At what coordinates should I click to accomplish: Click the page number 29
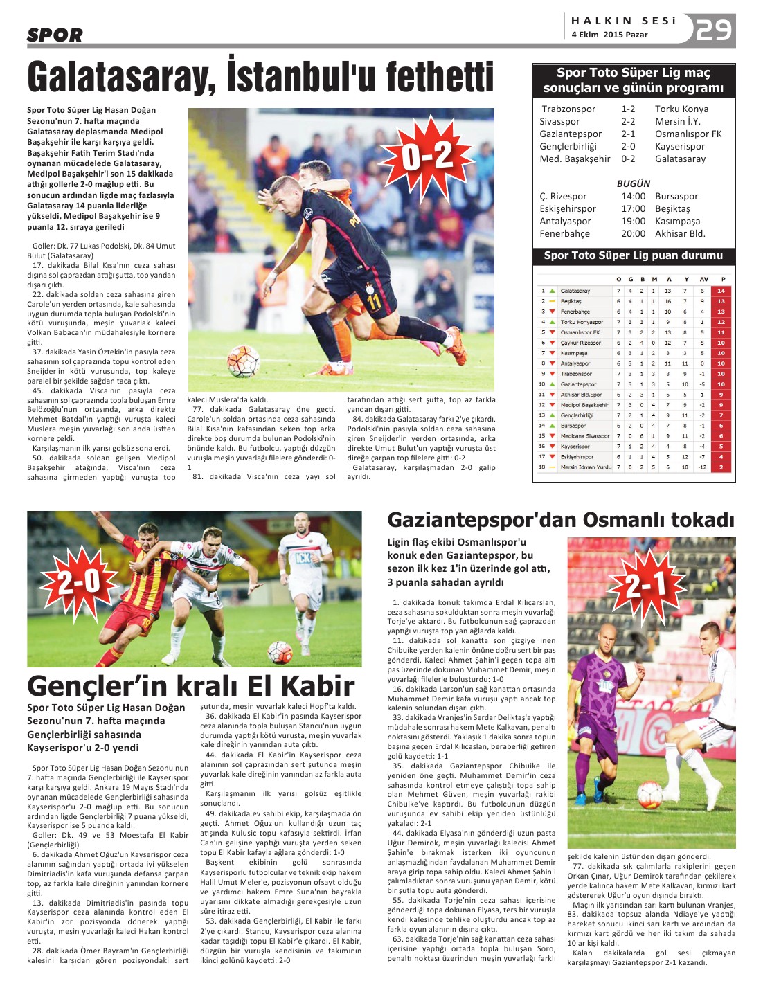tap(714, 30)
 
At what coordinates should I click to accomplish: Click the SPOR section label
tap(55, 35)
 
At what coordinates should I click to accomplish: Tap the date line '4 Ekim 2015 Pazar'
tap(609, 35)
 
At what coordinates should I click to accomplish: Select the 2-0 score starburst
tap(80, 582)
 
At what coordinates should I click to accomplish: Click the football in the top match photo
tap(244, 361)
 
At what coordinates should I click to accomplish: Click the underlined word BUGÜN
tap(634, 183)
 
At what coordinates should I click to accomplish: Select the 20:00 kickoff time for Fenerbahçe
tap(633, 233)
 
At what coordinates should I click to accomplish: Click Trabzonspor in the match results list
tap(568, 109)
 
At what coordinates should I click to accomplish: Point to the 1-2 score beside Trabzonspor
tap(628, 109)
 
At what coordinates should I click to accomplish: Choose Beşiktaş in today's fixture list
tap(672, 208)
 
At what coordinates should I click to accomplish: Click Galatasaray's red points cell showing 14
tap(721, 291)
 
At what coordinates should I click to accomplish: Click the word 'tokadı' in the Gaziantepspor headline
tap(699, 520)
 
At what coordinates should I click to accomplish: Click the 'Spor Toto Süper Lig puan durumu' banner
tap(634, 255)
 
